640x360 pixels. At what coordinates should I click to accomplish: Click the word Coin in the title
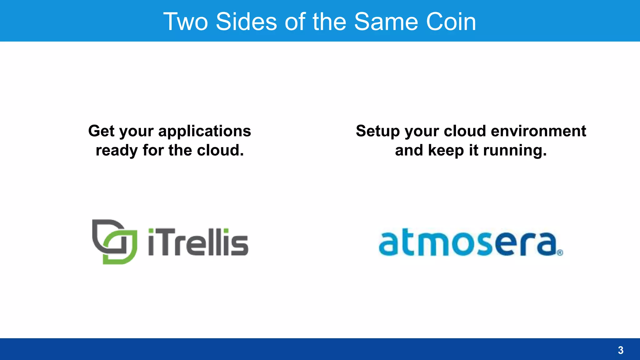click(451, 22)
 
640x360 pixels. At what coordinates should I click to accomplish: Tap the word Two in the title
click(186, 22)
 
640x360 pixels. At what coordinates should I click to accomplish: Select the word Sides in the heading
click(246, 22)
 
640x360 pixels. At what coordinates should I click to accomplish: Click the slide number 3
click(621, 350)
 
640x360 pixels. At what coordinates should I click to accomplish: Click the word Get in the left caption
click(101, 131)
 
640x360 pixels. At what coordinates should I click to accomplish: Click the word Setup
click(377, 131)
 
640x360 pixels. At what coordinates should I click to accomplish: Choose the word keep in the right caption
click(446, 151)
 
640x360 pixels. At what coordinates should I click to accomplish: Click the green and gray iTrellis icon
click(115, 242)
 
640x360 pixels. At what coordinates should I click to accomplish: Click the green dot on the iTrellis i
click(151, 232)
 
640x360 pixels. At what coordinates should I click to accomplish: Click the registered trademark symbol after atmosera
click(560, 252)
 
